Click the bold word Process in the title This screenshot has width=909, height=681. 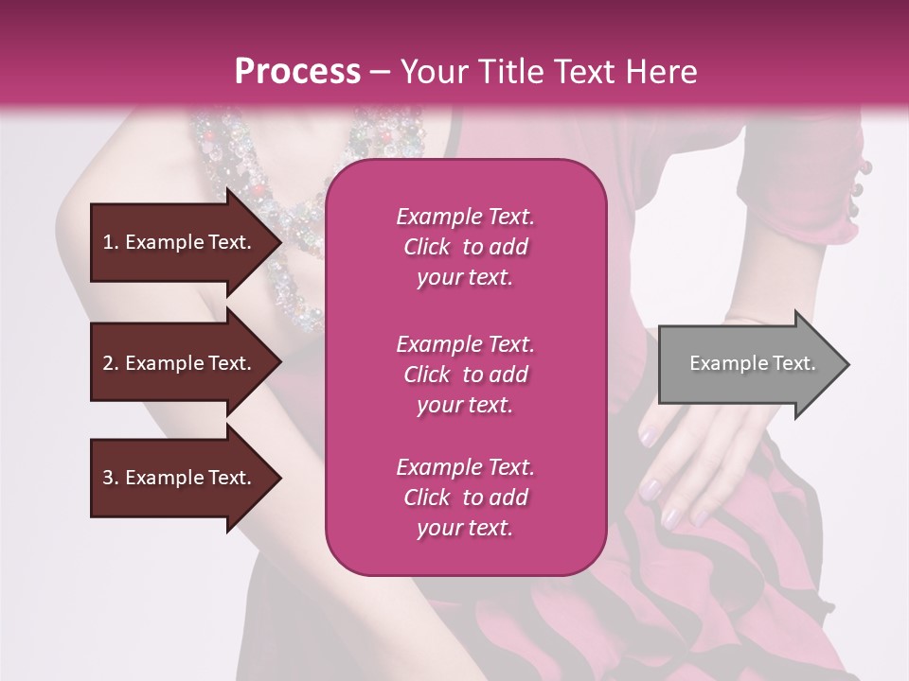point(297,72)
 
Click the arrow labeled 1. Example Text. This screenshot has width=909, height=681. point(180,242)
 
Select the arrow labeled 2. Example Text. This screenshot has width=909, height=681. point(180,363)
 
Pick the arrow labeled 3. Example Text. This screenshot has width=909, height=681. point(180,479)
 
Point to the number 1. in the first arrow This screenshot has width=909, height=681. point(111,242)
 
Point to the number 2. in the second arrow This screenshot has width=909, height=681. point(111,363)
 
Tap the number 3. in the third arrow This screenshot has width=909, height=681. point(111,479)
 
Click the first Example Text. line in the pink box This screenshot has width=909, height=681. point(465,217)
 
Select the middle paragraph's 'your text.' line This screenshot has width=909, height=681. point(465,405)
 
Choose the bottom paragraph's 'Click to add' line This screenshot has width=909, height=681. point(465,498)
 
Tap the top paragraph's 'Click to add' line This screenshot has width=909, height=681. point(465,247)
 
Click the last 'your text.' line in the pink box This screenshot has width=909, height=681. point(465,528)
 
